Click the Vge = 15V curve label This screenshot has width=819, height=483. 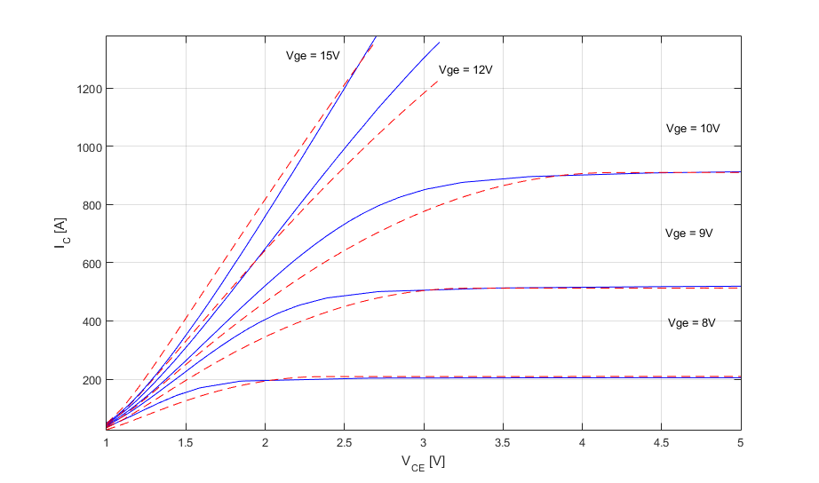click(313, 56)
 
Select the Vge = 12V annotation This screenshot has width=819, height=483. click(465, 70)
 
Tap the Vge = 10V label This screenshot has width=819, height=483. click(692, 129)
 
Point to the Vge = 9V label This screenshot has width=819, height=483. click(689, 234)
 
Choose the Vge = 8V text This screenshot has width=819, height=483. click(691, 323)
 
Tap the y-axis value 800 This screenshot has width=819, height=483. click(90, 205)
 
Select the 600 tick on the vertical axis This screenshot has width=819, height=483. click(90, 263)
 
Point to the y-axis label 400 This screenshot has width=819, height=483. click(90, 321)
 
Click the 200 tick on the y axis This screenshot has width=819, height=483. click(90, 379)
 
